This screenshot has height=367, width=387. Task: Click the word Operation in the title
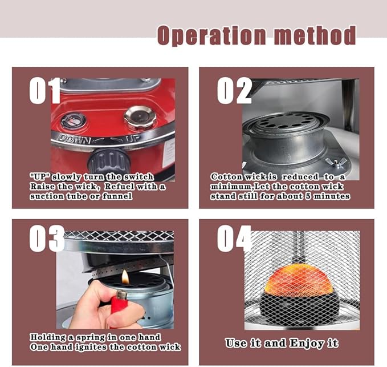212,35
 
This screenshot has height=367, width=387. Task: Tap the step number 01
44,90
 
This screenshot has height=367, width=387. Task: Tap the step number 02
234,90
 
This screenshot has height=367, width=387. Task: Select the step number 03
47,239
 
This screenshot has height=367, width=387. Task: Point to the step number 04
234,239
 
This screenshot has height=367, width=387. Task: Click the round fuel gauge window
74,120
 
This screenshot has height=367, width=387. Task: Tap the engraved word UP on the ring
133,139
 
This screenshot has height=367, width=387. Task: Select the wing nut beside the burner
336,162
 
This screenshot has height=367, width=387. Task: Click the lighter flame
125,277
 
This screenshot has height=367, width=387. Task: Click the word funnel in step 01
117,196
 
